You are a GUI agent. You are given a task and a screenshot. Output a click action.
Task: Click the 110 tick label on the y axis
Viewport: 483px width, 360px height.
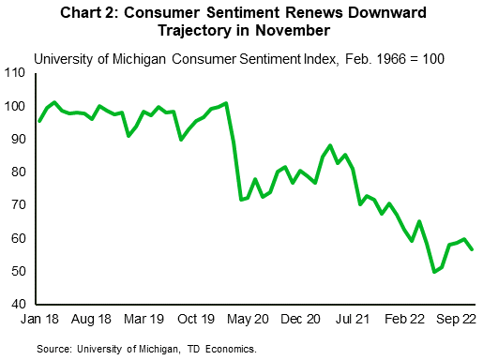click(18, 73)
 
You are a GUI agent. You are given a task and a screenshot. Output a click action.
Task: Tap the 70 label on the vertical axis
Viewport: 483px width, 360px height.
click(21, 205)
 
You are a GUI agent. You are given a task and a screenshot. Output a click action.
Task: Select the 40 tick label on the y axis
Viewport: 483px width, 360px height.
click(21, 305)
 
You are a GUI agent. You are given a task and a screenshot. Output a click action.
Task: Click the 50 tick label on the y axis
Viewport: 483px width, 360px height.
click(21, 272)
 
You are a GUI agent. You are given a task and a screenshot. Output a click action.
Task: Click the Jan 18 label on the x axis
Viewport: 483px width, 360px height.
click(38, 320)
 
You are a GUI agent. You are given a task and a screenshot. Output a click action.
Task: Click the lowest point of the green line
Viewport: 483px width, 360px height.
click(434, 272)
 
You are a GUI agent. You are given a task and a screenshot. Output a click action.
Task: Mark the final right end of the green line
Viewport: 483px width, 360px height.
click(473, 249)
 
